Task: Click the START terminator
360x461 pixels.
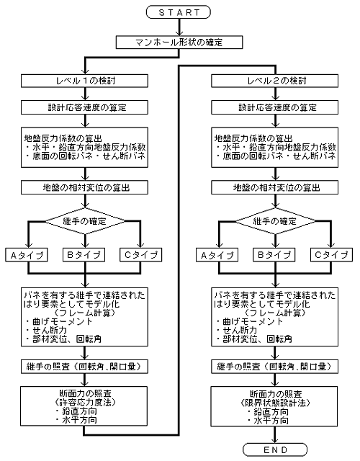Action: [x=179, y=12]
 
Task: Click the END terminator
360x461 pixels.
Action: [x=275, y=449]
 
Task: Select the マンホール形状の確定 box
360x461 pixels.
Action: [x=179, y=42]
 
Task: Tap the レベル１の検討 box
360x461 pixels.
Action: [x=84, y=81]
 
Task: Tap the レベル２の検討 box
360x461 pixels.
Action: [x=275, y=81]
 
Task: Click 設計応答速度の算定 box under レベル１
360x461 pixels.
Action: [x=84, y=107]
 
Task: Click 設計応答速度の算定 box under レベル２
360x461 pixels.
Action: [x=275, y=107]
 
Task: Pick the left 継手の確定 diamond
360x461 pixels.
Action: [x=85, y=221]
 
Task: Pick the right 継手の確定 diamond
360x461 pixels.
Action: [x=275, y=221]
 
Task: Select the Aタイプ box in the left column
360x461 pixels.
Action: [x=27, y=255]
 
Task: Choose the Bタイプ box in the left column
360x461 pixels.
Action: [x=84, y=255]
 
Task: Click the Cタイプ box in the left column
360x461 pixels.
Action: [x=141, y=255]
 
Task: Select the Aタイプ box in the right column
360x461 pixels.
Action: [x=217, y=255]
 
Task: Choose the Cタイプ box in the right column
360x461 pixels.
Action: [x=331, y=255]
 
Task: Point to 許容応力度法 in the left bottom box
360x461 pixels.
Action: [x=85, y=402]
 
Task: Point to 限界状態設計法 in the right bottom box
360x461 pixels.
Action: [x=275, y=402]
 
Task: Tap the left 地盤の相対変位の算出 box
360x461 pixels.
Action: [x=84, y=187]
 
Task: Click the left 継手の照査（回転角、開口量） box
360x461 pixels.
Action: [x=84, y=367]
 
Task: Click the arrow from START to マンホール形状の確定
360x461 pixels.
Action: [x=179, y=27]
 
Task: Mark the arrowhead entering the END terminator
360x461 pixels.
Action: [x=275, y=440]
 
